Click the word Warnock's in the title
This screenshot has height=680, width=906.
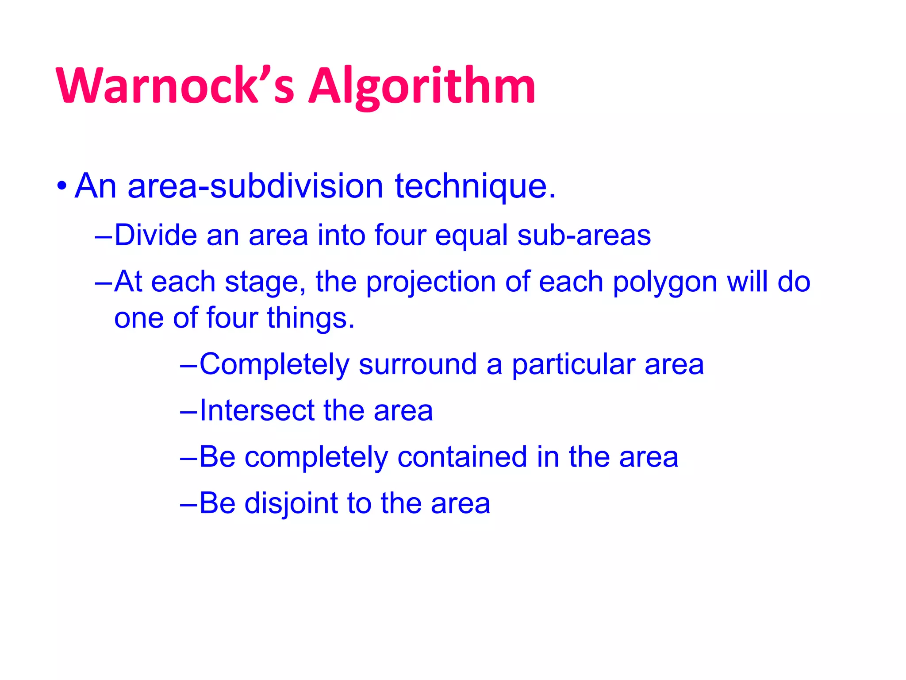coord(175,85)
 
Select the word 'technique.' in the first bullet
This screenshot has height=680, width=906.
coord(475,186)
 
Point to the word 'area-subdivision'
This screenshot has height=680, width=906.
coord(255,186)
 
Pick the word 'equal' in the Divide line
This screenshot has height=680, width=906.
coord(471,235)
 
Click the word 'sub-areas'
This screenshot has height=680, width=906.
coord(584,235)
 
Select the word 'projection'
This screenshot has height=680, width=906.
coord(431,282)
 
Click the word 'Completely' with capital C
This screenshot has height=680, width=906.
coord(274,364)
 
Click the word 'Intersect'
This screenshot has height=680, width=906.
coord(257,410)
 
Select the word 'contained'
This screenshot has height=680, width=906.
coord(462,457)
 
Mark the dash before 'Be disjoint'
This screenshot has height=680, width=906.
coord(189,504)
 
